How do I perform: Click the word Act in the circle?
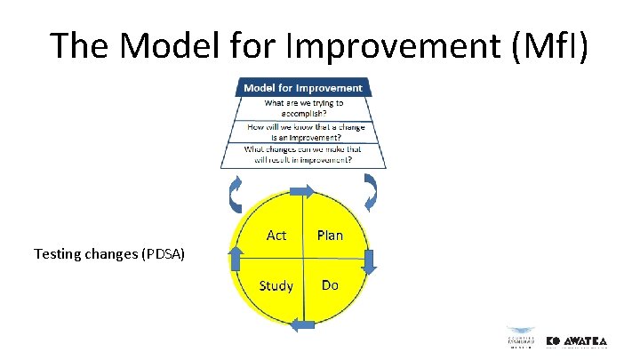[276, 235]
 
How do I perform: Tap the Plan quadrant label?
[330, 235]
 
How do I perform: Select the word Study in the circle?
[276, 285]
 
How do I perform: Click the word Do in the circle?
[330, 285]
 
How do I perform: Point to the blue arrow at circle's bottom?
[304, 325]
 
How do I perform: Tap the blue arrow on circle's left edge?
[236, 260]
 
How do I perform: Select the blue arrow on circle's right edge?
[370, 260]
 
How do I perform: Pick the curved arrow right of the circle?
[371, 190]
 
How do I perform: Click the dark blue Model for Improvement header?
[303, 88]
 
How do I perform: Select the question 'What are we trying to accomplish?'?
[303, 108]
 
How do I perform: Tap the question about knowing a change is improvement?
[303, 131]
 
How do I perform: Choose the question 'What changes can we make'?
[303, 155]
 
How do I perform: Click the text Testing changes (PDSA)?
[109, 254]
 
